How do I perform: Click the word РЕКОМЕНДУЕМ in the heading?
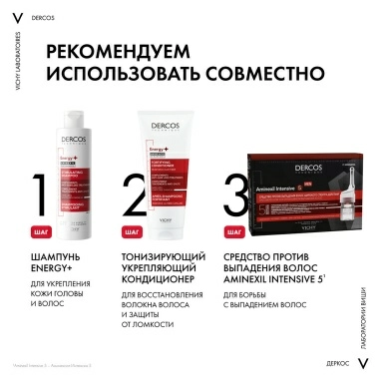pyautogui.click(x=132, y=51)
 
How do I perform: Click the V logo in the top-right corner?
pyautogui.click(x=365, y=16)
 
